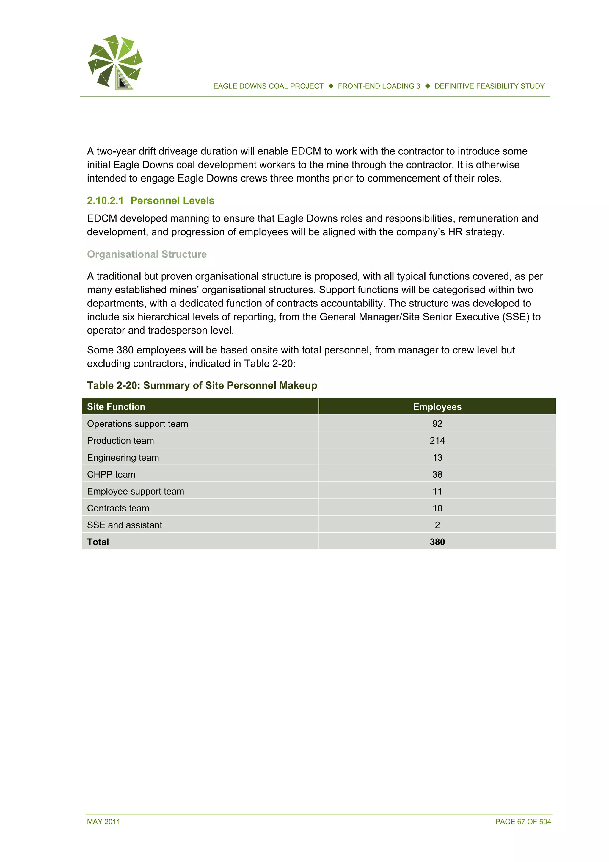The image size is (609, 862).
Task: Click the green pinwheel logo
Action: pyautogui.click(x=115, y=62)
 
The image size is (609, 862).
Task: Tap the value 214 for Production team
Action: pyautogui.click(x=437, y=440)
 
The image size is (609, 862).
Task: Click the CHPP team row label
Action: pyautogui.click(x=111, y=474)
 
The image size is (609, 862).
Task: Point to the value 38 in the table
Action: pyautogui.click(x=437, y=474)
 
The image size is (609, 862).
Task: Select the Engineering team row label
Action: pyautogui.click(x=123, y=457)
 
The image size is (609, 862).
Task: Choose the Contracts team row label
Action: pyautogui.click(x=118, y=508)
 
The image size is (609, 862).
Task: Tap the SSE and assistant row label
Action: pyautogui.click(x=125, y=525)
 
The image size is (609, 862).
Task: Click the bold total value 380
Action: pyautogui.click(x=437, y=542)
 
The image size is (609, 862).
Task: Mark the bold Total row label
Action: pyautogui.click(x=98, y=542)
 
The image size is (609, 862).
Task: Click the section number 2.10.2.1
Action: pyautogui.click(x=105, y=201)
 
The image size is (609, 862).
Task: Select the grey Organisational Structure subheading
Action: pyautogui.click(x=147, y=254)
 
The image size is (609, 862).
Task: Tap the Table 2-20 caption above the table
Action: pyautogui.click(x=202, y=385)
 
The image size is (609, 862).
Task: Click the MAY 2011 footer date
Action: pyautogui.click(x=103, y=822)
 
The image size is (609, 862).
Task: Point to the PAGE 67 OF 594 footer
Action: pyautogui.click(x=523, y=822)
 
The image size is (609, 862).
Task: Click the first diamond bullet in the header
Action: pyautogui.click(x=331, y=86)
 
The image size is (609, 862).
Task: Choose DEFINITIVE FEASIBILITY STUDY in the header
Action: pyautogui.click(x=489, y=86)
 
